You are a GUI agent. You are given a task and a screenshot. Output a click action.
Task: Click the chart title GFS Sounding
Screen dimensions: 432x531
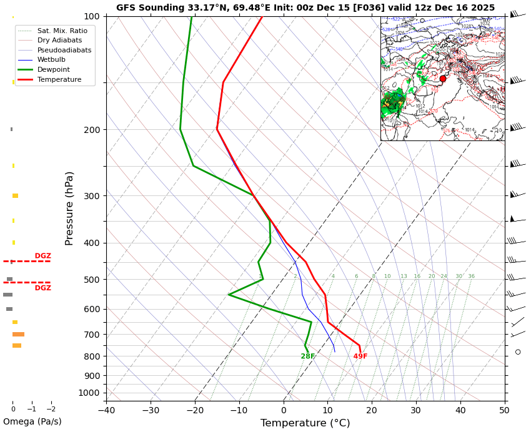point(305,8)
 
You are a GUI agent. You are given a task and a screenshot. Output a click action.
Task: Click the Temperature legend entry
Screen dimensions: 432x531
point(59,80)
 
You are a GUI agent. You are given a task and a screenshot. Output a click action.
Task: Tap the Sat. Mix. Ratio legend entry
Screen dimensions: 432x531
point(62,31)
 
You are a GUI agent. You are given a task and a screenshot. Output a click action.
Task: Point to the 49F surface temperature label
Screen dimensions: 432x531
point(360,356)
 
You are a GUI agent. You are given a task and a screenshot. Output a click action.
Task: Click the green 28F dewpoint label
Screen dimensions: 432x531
point(308,356)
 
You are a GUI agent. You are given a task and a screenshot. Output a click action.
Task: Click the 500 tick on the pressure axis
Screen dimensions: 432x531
point(91,280)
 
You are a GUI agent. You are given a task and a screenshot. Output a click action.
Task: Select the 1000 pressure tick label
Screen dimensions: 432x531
point(89,393)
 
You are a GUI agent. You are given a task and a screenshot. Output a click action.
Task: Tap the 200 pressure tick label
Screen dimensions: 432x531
point(91,130)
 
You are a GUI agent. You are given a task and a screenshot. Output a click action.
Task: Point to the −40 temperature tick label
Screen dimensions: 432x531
point(106,410)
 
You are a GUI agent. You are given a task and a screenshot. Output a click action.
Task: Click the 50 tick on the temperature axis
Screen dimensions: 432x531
point(504,410)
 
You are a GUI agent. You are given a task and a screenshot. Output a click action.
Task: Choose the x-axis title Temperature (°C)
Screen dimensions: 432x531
point(305,423)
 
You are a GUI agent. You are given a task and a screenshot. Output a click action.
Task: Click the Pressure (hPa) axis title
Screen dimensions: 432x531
point(69,208)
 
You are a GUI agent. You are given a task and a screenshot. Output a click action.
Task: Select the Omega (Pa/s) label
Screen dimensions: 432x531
point(32,422)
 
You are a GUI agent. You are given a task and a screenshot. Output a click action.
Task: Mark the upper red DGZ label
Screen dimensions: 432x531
point(43,256)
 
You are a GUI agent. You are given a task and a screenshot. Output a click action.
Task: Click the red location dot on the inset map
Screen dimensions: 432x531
point(443,79)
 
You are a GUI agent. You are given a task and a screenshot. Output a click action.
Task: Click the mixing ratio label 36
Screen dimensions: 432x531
point(471,277)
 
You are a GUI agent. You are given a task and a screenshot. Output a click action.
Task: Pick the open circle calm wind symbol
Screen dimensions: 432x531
point(518,352)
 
